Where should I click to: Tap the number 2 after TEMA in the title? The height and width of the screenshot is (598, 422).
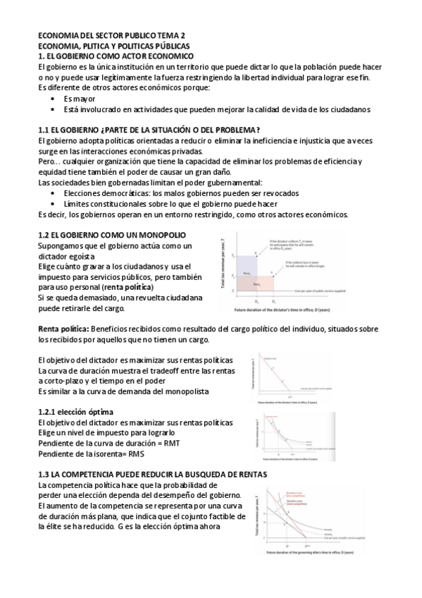point(185,35)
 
